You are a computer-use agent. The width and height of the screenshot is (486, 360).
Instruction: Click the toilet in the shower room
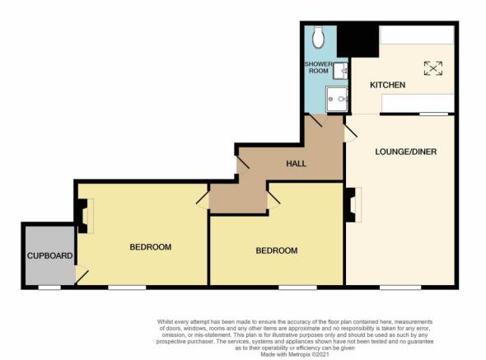pos(318,37)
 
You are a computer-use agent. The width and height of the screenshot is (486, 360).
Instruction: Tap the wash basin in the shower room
pos(340,71)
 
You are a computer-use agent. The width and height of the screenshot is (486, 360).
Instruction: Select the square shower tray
pos(337,99)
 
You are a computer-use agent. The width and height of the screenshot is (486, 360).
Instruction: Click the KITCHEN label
pos(387,85)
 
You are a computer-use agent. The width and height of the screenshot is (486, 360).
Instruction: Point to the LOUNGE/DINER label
pos(406,152)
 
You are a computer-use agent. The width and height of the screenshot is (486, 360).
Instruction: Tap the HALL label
pos(296,163)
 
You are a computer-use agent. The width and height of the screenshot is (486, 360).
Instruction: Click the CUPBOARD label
pos(50,256)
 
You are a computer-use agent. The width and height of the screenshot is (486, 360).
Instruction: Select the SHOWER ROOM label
pos(319,68)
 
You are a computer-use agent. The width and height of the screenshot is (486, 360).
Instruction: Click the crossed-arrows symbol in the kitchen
pos(433,68)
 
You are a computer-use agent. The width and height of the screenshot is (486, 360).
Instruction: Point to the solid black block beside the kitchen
pos(358,41)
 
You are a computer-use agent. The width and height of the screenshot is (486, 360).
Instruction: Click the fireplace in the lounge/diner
pos(353,204)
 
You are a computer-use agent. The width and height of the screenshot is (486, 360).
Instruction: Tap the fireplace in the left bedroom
pos(84,216)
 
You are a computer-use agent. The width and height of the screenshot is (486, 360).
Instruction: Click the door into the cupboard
pos(82,274)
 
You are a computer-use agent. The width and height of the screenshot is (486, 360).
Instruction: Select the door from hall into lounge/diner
pos(350,133)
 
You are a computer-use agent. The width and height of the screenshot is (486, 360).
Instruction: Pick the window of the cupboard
pos(49,288)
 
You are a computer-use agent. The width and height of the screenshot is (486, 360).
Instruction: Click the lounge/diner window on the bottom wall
pos(400,288)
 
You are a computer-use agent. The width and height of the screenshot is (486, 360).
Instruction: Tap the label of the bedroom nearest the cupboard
pos(151,247)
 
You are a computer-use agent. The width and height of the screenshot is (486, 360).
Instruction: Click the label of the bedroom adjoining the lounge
pos(277,250)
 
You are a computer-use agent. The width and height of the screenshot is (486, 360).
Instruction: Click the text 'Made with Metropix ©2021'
pos(295,354)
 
